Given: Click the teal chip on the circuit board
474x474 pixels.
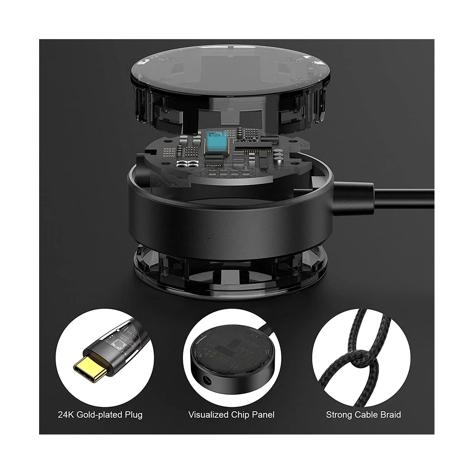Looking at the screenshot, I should pos(215,145).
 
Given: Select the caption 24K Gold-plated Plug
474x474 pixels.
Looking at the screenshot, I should pos(100,415).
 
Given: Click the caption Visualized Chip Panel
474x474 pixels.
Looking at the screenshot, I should pos(231,415).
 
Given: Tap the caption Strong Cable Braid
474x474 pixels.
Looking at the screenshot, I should pos(363,415).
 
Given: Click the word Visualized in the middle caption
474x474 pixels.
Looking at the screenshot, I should pos(208,415).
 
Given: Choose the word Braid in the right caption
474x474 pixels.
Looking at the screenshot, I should pos(389,415).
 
